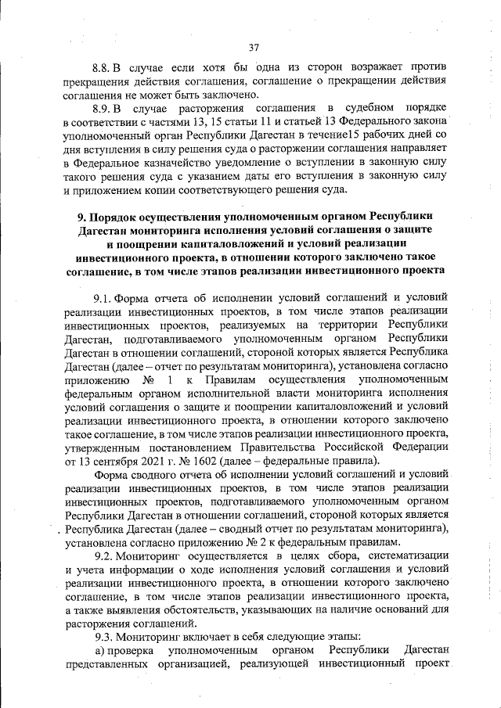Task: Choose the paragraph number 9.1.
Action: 103,296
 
